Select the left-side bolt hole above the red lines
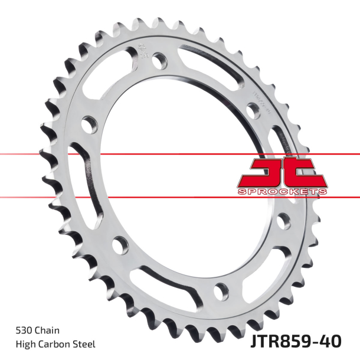(x=89, y=123)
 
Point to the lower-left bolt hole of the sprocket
(x=120, y=243)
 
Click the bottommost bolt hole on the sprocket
(x=221, y=290)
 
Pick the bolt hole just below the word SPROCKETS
(x=286, y=223)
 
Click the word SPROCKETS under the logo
(x=282, y=191)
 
